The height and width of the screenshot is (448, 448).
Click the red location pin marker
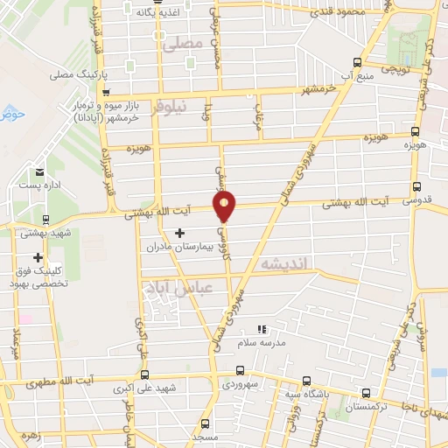[x=225, y=206]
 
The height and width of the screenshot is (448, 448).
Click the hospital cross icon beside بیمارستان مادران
[x=180, y=233]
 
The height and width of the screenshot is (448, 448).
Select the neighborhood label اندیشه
[x=280, y=262]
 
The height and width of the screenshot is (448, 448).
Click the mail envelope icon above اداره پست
[x=38, y=171]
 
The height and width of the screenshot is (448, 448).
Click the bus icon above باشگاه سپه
[x=305, y=381]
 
